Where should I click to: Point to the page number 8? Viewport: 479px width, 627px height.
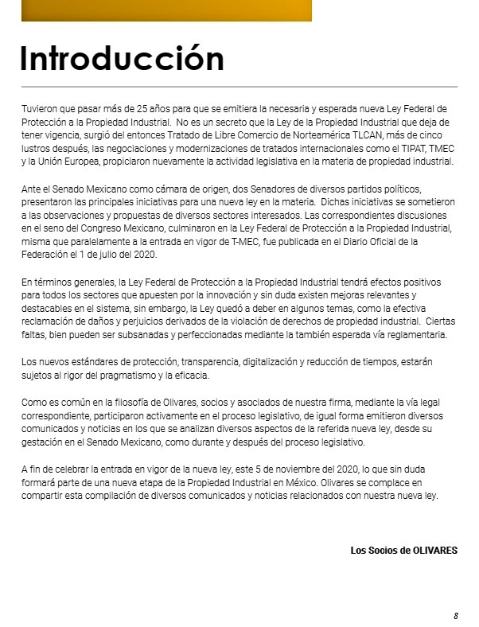coord(456,616)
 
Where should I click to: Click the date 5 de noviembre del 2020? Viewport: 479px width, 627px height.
coord(294,469)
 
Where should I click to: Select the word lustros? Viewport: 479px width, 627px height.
coord(34,148)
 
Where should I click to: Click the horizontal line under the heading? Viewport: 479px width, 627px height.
coord(240,86)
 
